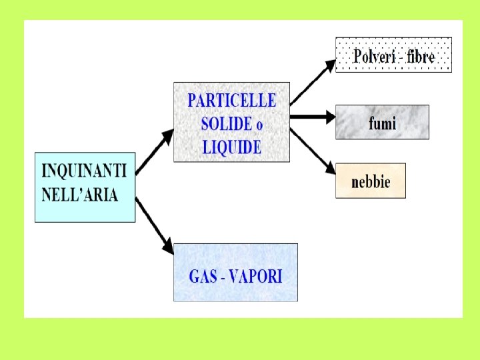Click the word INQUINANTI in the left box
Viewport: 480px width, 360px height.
point(84,171)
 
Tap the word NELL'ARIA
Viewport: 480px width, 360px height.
point(79,195)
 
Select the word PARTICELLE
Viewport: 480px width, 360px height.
point(231,101)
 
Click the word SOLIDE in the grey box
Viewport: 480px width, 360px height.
point(226,124)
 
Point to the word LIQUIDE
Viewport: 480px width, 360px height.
point(231,147)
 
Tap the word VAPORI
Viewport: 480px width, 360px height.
point(256,276)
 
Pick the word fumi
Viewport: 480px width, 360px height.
point(382,123)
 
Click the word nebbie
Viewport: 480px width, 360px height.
point(370,181)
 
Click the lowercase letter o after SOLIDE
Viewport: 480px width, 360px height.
point(259,125)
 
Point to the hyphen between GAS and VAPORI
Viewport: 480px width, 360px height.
point(222,277)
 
